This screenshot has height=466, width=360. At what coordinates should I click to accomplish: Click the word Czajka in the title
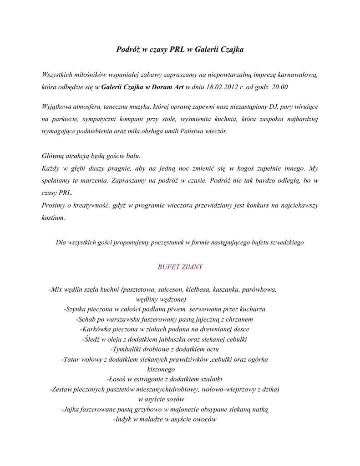pos(232,50)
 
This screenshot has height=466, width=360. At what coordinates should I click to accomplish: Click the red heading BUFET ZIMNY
pos(180,267)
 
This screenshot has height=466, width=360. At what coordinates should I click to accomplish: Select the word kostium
pos(53,218)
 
